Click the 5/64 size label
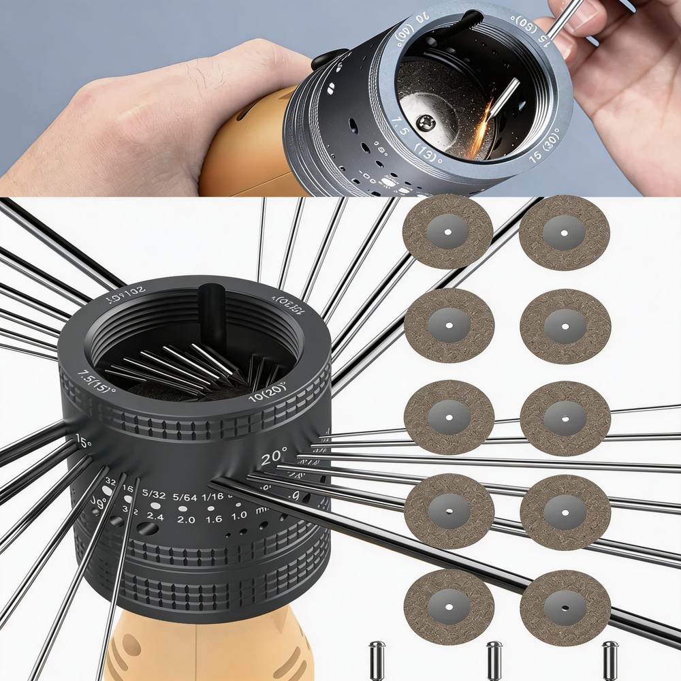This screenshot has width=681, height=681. click(x=185, y=498)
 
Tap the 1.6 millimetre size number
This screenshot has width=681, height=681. click(x=213, y=518)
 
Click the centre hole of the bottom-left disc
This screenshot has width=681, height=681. click(x=449, y=607)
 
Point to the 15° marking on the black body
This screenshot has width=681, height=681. click(x=83, y=441)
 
